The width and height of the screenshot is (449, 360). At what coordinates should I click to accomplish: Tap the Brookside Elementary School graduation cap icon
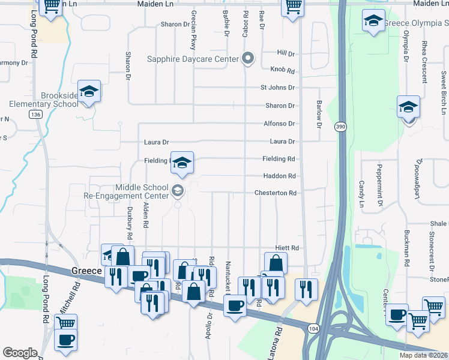(x=89, y=92)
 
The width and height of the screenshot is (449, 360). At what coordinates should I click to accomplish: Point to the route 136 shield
(x=37, y=115)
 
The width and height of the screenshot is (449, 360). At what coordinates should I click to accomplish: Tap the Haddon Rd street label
(x=279, y=176)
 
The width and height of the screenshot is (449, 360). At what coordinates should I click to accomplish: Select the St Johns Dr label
(x=277, y=88)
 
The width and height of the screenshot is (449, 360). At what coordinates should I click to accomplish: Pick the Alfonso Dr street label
(x=279, y=124)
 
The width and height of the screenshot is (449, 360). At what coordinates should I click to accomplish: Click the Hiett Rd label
(x=286, y=248)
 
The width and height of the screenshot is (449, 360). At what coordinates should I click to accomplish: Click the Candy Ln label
(x=361, y=193)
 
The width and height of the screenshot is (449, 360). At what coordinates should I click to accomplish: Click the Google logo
(x=20, y=353)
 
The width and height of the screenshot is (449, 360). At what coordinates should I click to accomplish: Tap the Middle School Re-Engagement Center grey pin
(x=178, y=191)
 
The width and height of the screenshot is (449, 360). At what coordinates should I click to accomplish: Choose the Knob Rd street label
(x=282, y=70)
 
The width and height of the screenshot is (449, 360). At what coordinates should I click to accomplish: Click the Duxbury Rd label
(x=129, y=215)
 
